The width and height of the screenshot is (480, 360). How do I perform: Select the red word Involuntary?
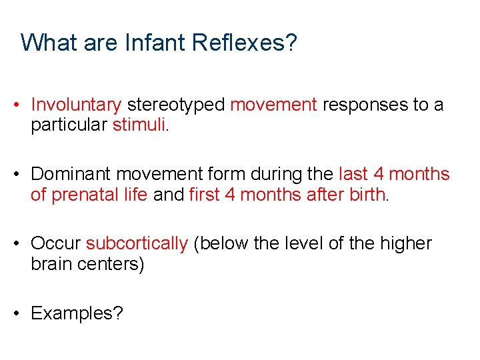tap(76, 105)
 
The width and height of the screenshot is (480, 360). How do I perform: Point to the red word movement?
tap(273, 105)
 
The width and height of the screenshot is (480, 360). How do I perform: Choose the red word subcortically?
tap(137, 244)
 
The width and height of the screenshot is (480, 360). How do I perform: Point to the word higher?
tap(406, 244)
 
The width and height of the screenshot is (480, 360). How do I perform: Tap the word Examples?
tap(77, 313)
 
